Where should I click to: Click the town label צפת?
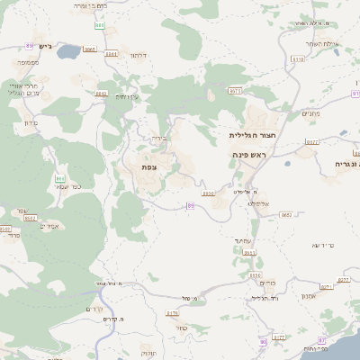(148, 167)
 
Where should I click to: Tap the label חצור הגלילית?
(250, 134)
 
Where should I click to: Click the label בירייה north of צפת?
(159, 138)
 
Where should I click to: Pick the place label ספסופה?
(26, 62)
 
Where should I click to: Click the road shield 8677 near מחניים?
(312, 141)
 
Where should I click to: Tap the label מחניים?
(312, 112)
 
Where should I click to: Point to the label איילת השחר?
(319, 43)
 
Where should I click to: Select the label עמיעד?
(244, 240)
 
